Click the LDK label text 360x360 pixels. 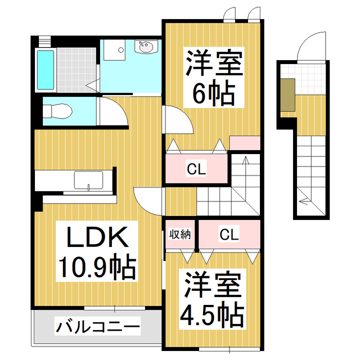pos(97,237)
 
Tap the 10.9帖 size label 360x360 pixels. pos(97,266)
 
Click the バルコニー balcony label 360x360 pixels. pos(98,326)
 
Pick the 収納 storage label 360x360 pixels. pos(180,235)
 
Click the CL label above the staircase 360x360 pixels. pos(196,169)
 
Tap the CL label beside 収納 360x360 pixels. pos(229,234)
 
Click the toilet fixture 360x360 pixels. pos(57,111)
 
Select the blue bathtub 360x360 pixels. pos(46,70)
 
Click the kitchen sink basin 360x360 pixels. pos(88,180)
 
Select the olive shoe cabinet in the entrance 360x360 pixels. pos(287,95)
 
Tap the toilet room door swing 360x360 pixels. pos(119,106)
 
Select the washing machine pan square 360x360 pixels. pos(114,50)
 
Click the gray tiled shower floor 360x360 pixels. pos(76,70)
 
